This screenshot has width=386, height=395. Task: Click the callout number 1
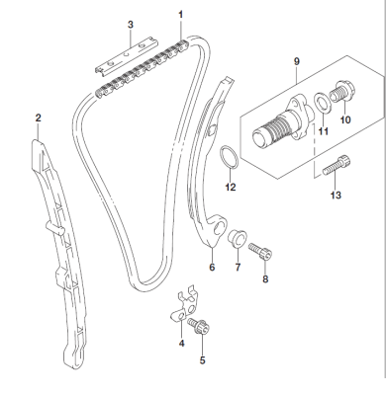[181, 14]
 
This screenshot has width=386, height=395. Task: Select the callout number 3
[130, 23]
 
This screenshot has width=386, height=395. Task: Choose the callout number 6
[212, 267]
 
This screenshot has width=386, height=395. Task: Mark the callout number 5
[203, 361]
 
